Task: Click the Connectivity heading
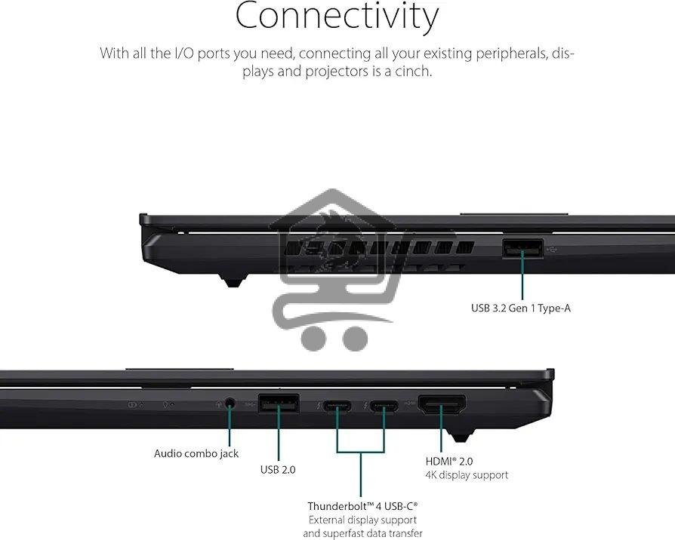pyautogui.click(x=337, y=17)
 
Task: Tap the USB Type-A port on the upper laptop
pyautogui.click(x=522, y=248)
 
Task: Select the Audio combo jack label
pyautogui.click(x=196, y=453)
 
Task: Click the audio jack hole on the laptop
pyautogui.click(x=229, y=404)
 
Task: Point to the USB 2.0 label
pyautogui.click(x=278, y=469)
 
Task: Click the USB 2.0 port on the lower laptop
pyautogui.click(x=278, y=404)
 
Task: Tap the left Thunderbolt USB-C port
pyautogui.click(x=337, y=407)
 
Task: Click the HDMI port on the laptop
pyautogui.click(x=442, y=407)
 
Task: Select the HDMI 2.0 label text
pyautogui.click(x=449, y=461)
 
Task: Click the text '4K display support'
pyautogui.click(x=466, y=475)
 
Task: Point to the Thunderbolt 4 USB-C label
pyautogui.click(x=362, y=506)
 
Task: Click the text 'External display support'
pyautogui.click(x=362, y=520)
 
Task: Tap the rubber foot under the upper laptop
pyautogui.click(x=232, y=281)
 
